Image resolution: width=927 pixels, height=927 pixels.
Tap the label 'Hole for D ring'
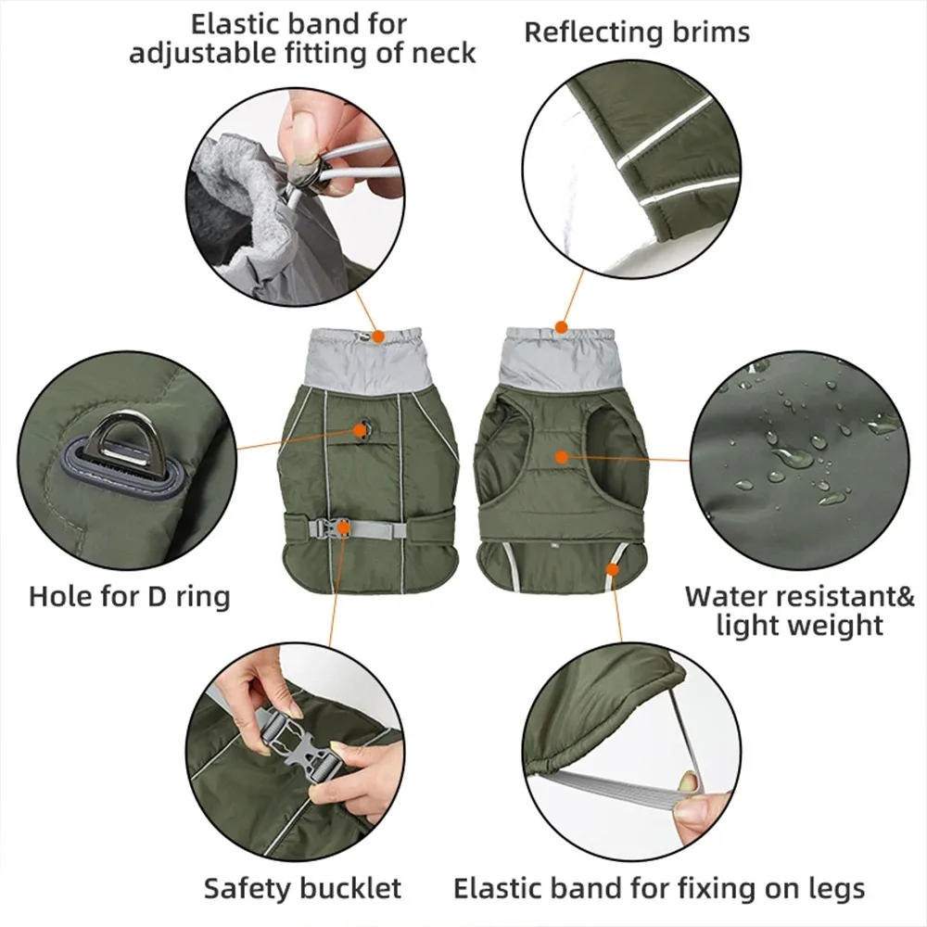tap(129, 595)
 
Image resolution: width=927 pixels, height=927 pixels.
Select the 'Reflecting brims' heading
tap(637, 32)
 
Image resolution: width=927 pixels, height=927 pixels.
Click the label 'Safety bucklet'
tap(302, 889)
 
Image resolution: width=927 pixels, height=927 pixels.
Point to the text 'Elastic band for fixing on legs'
tap(659, 889)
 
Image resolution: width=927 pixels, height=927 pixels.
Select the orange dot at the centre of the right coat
tap(561, 455)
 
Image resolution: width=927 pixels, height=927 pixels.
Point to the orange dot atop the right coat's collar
tap(560, 326)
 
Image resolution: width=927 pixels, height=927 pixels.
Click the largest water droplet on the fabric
tap(792, 456)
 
